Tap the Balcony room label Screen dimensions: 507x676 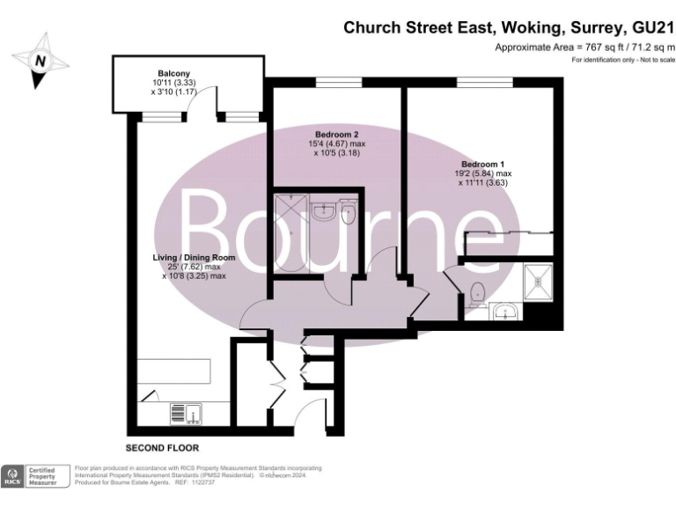173,73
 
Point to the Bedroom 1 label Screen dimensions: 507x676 483,165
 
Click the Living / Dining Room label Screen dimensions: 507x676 195,257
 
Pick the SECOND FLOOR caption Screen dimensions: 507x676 163,448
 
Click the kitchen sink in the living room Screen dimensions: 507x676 185,411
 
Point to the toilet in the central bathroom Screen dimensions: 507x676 348,212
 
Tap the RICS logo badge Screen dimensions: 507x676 13,476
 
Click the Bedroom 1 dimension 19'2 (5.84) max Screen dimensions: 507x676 483,174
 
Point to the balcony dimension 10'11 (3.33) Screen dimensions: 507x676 173,83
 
